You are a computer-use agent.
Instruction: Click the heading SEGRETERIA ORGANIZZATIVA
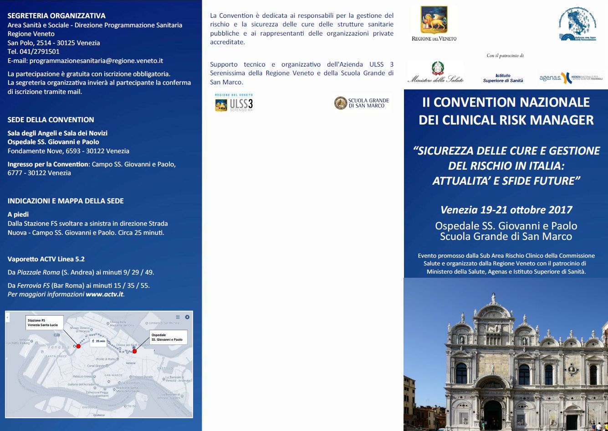click(56, 16)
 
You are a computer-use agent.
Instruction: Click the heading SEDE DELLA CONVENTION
click(51, 120)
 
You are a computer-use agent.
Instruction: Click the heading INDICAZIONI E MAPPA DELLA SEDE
click(66, 201)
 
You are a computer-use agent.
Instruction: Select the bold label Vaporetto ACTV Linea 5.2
click(46, 259)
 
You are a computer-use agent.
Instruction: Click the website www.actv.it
click(104, 295)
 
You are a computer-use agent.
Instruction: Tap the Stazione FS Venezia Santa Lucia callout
click(44, 322)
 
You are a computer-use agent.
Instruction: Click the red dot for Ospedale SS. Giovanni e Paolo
click(134, 351)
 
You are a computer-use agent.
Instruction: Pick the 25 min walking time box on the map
click(99, 341)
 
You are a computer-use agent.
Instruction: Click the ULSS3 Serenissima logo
click(234, 103)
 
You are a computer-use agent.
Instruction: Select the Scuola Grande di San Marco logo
click(362, 103)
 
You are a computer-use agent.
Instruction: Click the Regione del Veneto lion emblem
click(434, 21)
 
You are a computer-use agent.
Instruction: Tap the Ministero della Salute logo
click(435, 73)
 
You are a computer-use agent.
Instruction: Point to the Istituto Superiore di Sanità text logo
click(503, 78)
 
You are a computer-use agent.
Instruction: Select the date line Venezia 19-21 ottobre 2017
click(506, 210)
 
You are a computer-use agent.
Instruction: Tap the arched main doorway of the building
click(493, 413)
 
